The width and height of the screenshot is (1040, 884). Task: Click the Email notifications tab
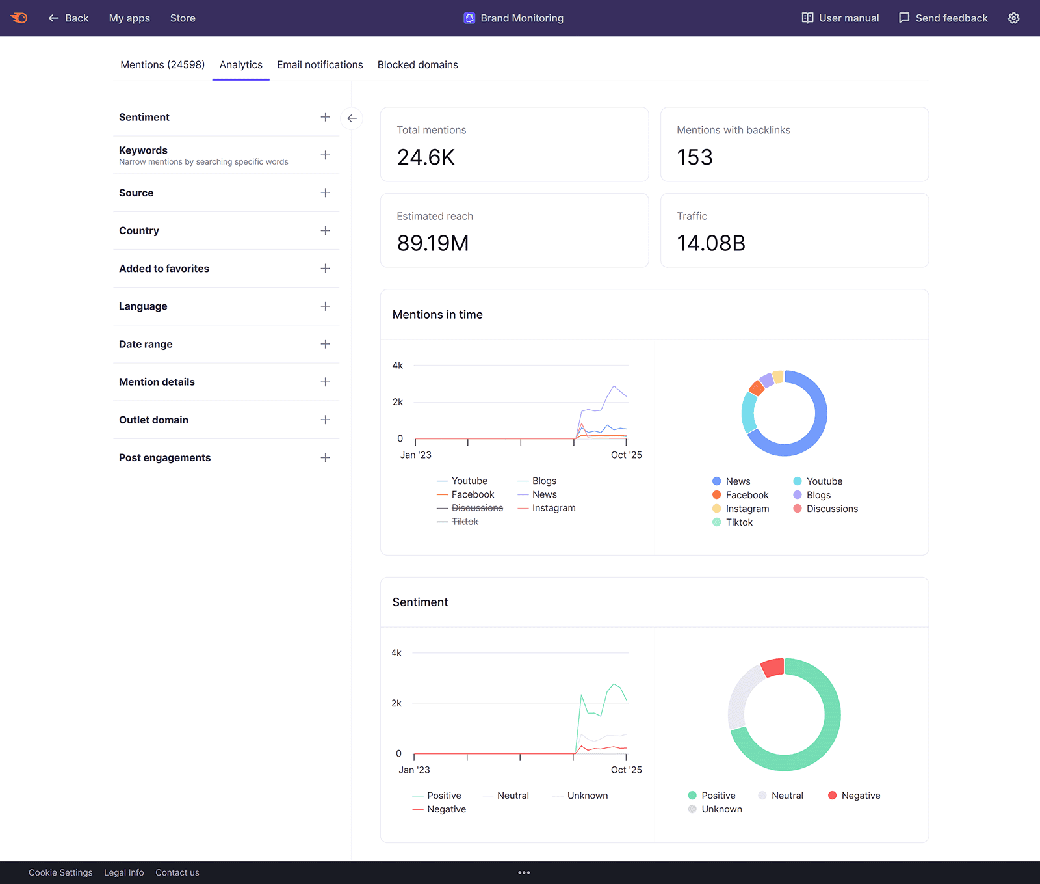click(320, 64)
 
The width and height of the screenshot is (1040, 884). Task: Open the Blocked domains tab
click(417, 64)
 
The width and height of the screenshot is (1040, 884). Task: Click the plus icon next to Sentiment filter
click(325, 117)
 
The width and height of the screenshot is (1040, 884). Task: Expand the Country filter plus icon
click(325, 231)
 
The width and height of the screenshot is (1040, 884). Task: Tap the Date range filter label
click(146, 344)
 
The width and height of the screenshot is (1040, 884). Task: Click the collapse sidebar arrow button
click(352, 118)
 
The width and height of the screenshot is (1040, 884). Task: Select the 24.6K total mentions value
click(426, 157)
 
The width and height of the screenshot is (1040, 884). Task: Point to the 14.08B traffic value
click(711, 243)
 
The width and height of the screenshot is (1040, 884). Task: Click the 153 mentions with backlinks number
click(694, 157)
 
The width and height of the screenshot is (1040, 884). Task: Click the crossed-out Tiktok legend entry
click(464, 522)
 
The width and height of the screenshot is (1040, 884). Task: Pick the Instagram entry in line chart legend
click(553, 508)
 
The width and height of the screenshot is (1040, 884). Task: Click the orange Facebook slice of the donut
click(756, 388)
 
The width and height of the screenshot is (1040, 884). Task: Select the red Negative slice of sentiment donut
click(772, 667)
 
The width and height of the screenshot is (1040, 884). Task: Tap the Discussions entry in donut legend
click(832, 509)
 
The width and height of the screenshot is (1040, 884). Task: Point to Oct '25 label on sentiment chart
click(626, 770)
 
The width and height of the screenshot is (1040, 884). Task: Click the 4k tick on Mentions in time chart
click(397, 366)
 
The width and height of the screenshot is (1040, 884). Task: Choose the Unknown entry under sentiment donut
click(721, 809)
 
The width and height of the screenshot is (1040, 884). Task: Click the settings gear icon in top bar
click(1013, 18)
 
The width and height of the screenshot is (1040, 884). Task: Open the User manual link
click(840, 18)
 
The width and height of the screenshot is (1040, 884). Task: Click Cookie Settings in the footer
click(60, 872)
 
